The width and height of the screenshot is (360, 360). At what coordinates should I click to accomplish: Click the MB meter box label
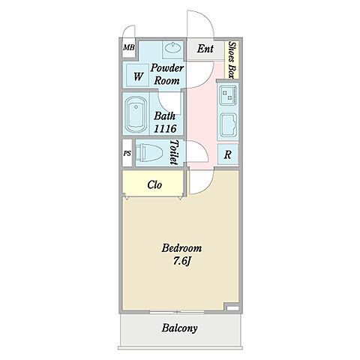[129, 47]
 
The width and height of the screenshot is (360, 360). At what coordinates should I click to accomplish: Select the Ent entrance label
[205, 49]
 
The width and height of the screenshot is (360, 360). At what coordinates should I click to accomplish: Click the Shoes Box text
[232, 60]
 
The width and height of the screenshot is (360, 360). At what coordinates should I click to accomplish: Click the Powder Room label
[166, 74]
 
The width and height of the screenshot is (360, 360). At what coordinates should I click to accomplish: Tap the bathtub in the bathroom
[136, 115]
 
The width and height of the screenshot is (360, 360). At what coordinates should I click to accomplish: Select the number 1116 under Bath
[165, 128]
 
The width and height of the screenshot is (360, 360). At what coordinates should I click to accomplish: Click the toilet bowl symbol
[149, 152]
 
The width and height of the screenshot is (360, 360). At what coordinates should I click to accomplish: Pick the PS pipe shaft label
[127, 153]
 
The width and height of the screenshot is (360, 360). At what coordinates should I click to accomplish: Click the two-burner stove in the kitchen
[228, 95]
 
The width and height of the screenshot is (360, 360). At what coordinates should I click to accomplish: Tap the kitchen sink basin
[228, 125]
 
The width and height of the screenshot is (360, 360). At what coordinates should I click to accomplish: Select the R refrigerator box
[228, 154]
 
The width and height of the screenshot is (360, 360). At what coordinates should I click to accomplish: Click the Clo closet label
[154, 184]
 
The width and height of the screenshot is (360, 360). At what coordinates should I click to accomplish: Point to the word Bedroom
[181, 248]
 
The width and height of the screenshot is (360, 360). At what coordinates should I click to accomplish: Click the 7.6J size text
[182, 261]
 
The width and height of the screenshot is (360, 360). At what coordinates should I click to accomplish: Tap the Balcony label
[179, 328]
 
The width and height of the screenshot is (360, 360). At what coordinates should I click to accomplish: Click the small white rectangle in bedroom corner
[232, 308]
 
